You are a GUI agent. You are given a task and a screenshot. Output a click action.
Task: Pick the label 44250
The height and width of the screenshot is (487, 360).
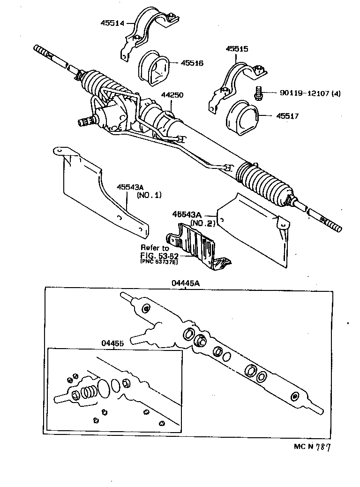coord(172,95)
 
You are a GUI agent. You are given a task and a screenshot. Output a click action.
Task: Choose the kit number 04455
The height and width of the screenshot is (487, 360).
coord(112,343)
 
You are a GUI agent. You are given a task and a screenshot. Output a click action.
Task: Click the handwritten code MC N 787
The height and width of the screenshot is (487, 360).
coord(309,447)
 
